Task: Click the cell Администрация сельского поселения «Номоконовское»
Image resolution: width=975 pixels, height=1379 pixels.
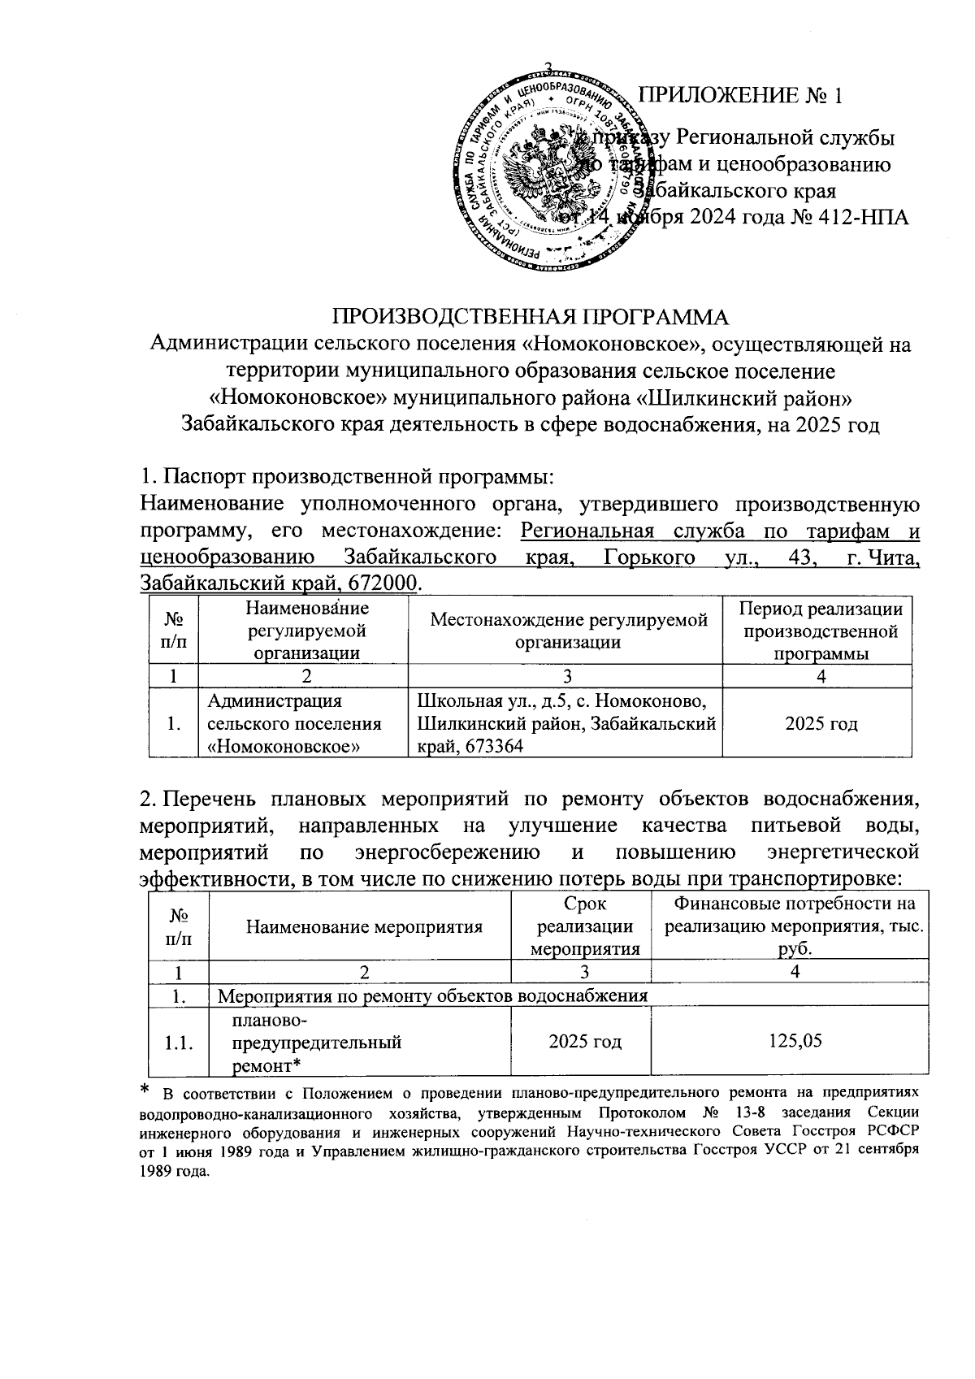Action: (x=295, y=723)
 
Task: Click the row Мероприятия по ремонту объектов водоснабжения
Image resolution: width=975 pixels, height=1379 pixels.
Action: (x=434, y=995)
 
